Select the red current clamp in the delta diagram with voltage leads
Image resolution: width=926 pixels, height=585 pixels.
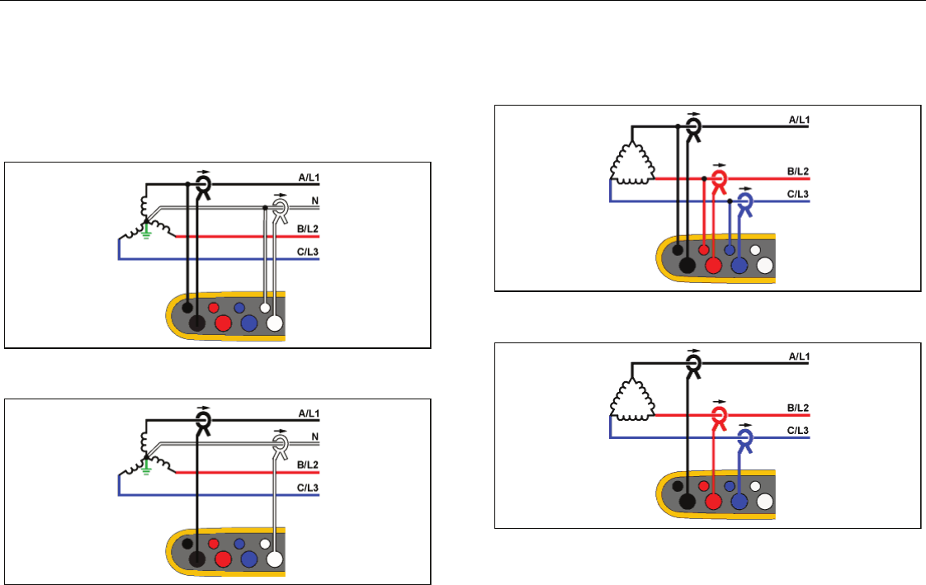coord(719,179)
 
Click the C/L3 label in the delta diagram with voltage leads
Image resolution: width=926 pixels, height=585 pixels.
coord(796,194)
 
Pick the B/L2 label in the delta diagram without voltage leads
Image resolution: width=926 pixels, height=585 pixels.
coord(796,408)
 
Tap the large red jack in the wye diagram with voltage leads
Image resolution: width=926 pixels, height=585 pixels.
coord(223,323)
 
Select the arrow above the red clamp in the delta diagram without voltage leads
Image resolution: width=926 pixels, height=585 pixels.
coord(719,402)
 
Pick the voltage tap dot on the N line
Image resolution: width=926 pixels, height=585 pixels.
coord(265,210)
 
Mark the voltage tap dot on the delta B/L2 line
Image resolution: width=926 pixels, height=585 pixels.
coord(704,178)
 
